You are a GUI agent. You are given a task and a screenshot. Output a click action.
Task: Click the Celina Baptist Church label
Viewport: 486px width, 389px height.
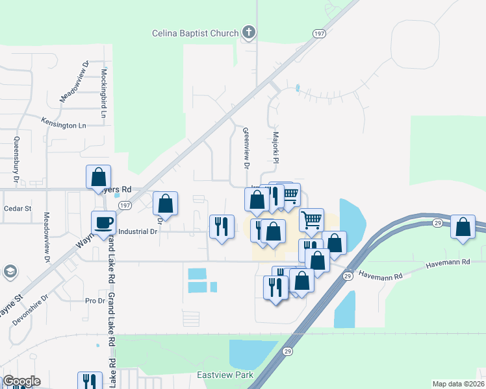[195, 33]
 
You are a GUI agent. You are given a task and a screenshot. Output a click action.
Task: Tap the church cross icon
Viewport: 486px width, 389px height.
[248, 32]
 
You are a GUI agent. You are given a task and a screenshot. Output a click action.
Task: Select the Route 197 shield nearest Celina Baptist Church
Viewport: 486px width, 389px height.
[318, 34]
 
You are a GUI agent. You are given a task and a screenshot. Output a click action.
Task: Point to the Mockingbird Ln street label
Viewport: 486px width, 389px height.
[104, 92]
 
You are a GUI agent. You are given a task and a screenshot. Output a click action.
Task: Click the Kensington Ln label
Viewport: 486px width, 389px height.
[64, 123]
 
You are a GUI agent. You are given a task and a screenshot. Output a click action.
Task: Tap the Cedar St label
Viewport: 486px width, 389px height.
[18, 209]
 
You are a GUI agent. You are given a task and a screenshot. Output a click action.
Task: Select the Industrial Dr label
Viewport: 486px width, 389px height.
[138, 231]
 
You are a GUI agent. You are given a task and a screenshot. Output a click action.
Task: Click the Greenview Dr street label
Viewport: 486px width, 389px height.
[246, 147]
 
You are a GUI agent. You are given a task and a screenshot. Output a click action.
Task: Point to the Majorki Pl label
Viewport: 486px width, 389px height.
[275, 148]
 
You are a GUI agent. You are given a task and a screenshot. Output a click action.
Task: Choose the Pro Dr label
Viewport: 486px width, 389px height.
[95, 301]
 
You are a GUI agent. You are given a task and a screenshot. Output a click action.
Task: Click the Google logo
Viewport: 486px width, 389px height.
[21, 381]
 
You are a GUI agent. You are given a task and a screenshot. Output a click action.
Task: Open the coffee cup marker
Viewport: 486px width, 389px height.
[104, 222]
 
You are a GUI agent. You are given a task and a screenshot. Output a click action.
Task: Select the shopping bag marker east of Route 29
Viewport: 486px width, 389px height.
[463, 227]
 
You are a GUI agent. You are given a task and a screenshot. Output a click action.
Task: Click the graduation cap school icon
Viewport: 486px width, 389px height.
[10, 271]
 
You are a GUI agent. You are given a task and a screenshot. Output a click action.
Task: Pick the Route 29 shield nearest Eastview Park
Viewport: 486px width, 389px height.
[287, 351]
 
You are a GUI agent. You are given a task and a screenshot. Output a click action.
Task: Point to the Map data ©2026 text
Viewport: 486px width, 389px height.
[458, 384]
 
